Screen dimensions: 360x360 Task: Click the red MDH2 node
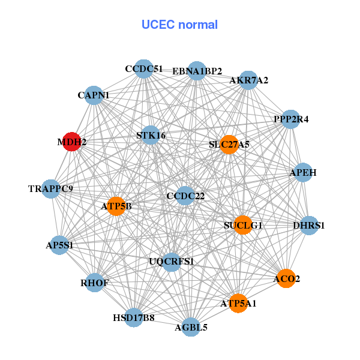[x=71, y=142]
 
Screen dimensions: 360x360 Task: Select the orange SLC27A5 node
[x=229, y=145]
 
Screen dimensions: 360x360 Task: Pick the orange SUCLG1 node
[x=242, y=225]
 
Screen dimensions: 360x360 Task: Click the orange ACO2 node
[x=286, y=278]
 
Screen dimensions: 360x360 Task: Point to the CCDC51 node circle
[x=143, y=69]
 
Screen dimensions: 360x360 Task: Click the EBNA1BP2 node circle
[x=197, y=71]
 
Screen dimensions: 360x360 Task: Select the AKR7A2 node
[x=248, y=80]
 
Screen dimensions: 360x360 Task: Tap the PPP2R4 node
[x=290, y=119]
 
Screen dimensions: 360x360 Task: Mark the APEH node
[x=303, y=172]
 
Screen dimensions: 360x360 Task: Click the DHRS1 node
[x=308, y=226]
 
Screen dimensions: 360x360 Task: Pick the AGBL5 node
[x=191, y=327]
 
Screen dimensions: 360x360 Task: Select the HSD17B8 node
[x=134, y=317]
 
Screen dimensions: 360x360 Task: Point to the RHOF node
[x=94, y=283]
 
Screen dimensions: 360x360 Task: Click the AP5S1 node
[x=59, y=245]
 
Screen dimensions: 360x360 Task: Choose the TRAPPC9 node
[x=51, y=189]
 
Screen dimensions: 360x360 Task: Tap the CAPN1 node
[x=94, y=95]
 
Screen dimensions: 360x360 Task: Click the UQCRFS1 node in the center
[x=172, y=262]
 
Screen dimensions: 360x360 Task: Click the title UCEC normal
[x=179, y=25]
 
